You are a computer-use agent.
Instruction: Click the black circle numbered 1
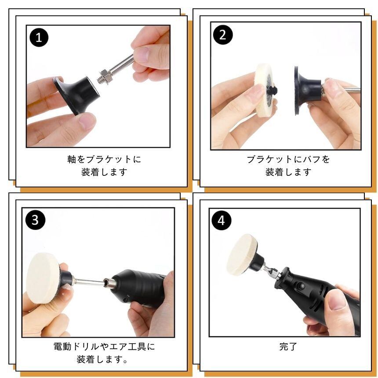tap(39, 37)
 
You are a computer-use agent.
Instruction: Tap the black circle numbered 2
tap(223, 35)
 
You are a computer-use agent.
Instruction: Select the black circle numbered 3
tap(35, 220)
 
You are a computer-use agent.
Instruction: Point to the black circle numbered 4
tap(221, 220)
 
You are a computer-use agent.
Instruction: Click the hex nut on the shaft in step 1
tap(105, 75)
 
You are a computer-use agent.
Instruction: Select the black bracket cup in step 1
tap(76, 94)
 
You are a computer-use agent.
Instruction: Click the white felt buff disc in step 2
tap(265, 91)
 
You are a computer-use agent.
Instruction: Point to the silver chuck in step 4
tap(274, 273)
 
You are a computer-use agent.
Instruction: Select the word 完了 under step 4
tap(288, 346)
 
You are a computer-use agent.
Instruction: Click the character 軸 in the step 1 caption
tap(72, 160)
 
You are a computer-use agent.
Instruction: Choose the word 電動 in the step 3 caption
tap(62, 347)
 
